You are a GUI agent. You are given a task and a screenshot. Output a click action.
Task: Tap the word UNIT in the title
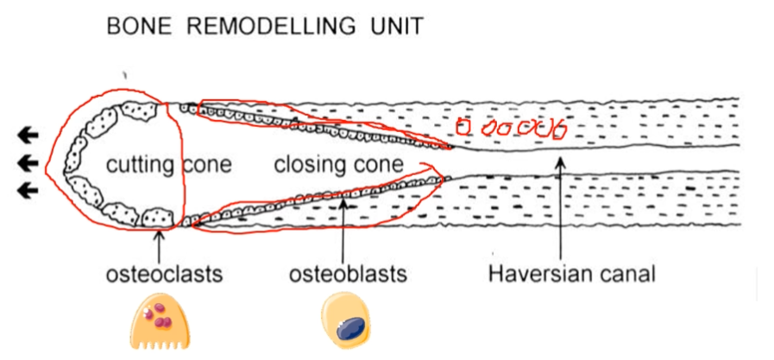394,27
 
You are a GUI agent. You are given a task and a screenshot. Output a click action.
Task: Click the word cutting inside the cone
140,164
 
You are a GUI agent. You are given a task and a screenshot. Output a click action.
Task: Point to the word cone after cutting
207,164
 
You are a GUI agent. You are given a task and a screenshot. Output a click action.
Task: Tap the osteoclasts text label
164,275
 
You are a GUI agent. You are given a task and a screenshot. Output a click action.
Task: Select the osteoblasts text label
348,275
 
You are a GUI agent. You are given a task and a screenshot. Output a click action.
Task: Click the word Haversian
539,275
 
